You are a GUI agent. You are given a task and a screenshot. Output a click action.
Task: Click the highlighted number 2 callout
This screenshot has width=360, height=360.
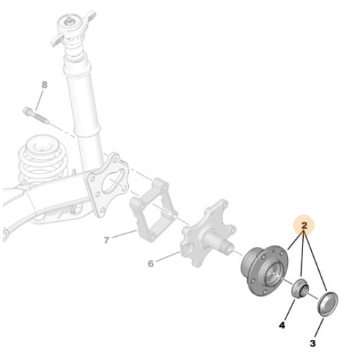(304, 225)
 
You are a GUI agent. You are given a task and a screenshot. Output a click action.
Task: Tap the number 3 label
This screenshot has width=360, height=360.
(312, 343)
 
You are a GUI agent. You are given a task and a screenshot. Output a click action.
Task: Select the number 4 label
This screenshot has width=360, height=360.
(282, 325)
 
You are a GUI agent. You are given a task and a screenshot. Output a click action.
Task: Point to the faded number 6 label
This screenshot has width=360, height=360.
(150, 264)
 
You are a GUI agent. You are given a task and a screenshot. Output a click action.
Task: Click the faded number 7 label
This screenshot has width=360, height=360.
(107, 240)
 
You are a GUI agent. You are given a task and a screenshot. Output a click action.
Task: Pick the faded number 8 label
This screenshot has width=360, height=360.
(45, 85)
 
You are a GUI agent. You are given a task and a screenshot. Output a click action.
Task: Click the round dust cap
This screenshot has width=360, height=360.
(328, 305)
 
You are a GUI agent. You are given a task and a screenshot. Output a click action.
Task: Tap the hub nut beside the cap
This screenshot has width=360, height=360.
(300, 289)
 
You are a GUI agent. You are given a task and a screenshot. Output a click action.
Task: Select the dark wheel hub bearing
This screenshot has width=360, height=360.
(264, 270)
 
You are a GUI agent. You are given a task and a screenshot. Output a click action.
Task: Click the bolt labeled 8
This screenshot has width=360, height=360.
(36, 115)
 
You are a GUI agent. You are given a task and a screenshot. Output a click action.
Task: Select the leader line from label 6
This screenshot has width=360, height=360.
(168, 256)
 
